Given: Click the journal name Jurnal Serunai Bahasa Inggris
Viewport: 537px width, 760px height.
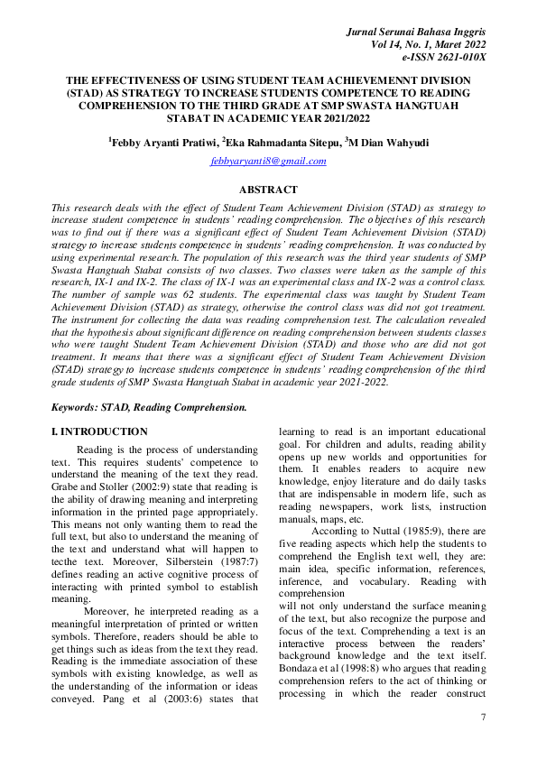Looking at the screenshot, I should [x=416, y=32].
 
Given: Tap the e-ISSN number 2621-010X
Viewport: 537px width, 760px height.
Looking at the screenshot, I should [x=456, y=57].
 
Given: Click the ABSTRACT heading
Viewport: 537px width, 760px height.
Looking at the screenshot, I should [x=267, y=190].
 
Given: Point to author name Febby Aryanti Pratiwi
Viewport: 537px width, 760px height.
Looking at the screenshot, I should [x=162, y=142].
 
